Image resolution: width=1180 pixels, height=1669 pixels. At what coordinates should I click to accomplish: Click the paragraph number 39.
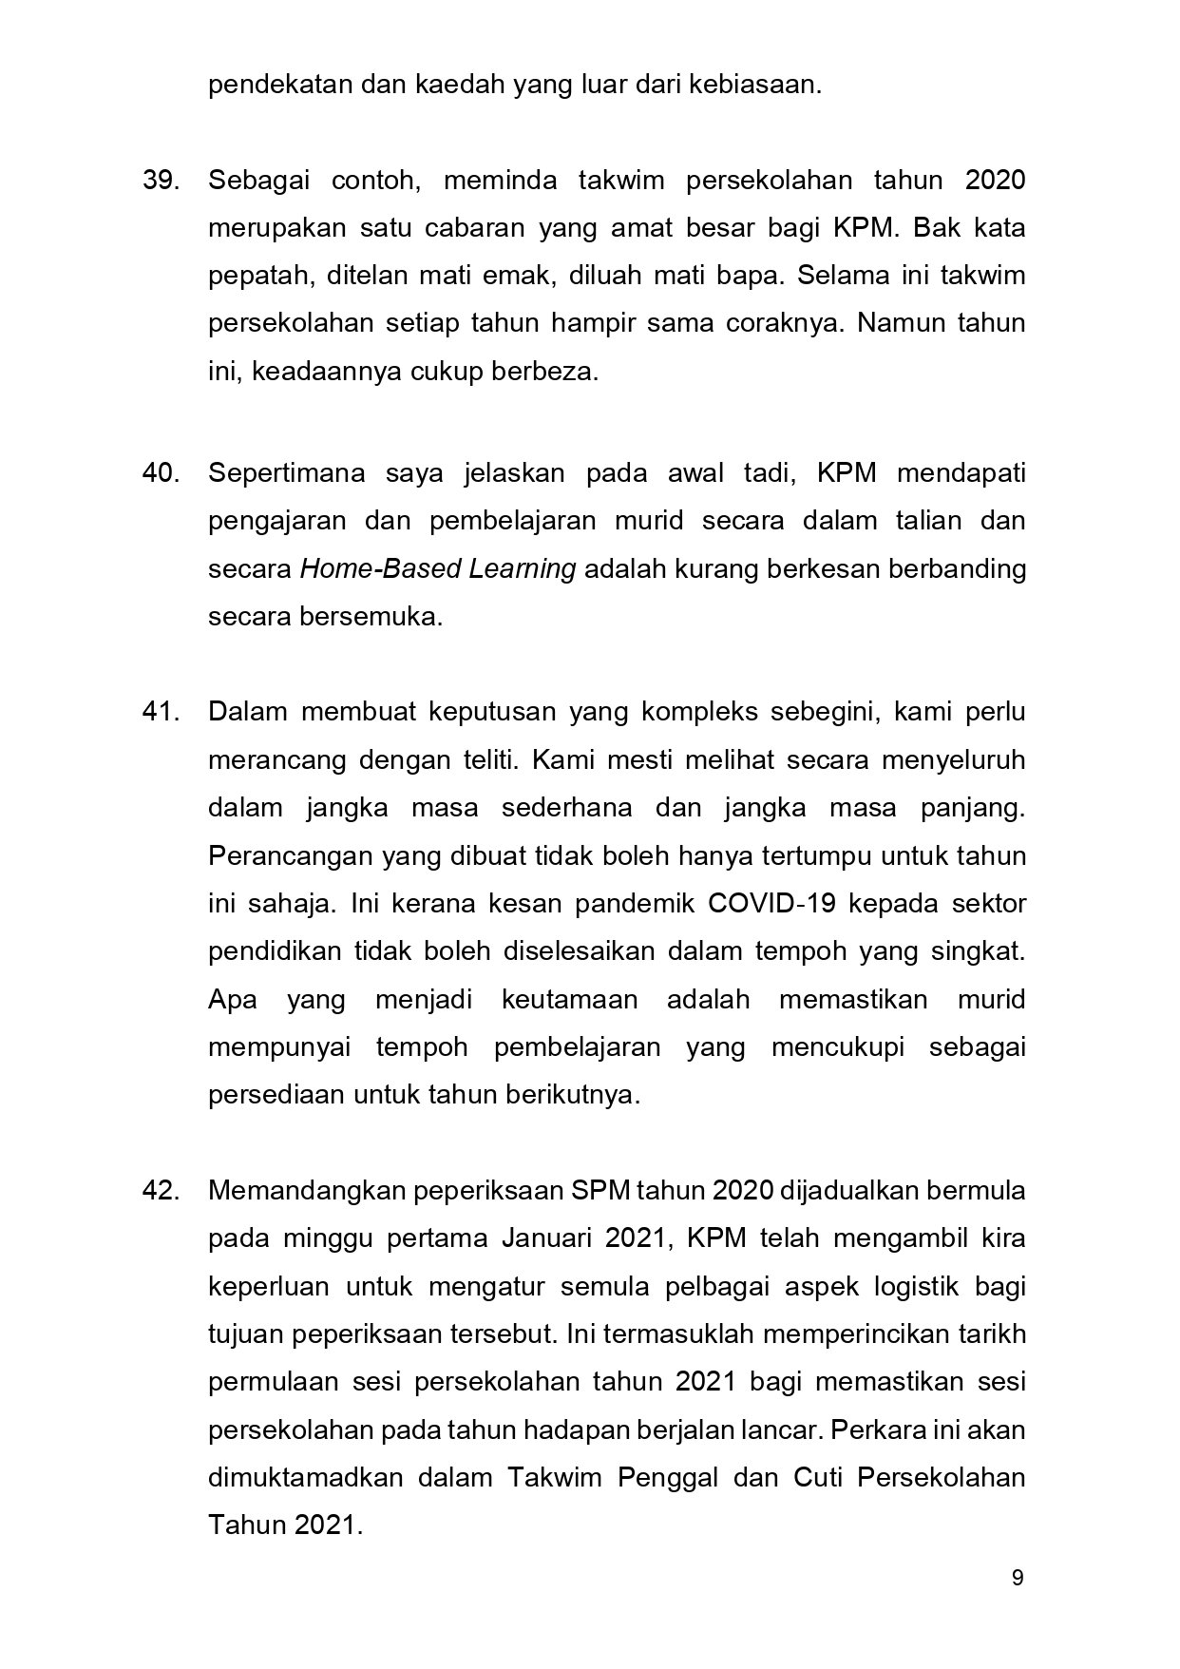(x=161, y=181)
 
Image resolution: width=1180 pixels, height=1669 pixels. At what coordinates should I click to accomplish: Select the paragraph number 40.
(x=161, y=473)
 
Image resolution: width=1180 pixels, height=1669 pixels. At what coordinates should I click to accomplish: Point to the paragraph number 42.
(x=161, y=1190)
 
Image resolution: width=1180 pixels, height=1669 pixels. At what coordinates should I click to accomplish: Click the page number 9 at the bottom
(x=1018, y=1579)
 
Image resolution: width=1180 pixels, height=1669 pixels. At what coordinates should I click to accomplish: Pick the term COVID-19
(x=771, y=903)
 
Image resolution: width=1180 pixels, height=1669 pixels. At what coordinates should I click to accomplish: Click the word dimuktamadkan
(x=306, y=1478)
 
